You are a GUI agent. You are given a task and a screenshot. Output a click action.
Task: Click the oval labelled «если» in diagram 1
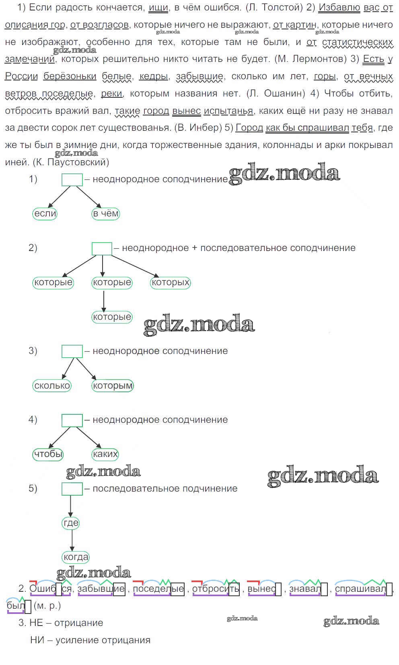point(45,214)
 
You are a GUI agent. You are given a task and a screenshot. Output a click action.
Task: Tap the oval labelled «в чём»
point(106,214)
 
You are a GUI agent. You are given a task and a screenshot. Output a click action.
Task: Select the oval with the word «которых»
point(171,282)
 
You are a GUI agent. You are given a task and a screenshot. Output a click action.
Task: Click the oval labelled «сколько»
point(52,386)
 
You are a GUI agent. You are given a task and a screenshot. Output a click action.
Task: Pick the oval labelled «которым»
point(112,386)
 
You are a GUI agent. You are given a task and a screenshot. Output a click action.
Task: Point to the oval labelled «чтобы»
point(48,454)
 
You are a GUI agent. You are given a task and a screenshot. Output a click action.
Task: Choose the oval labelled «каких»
point(105,454)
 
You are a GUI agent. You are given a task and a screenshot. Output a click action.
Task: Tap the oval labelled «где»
point(71,523)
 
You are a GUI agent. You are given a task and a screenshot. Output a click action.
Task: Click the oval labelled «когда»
point(76,557)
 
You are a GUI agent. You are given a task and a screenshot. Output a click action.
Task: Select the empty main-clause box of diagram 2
point(102,249)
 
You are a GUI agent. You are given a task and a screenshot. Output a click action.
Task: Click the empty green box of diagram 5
point(72,489)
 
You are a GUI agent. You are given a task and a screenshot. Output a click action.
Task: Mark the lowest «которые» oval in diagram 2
point(112,317)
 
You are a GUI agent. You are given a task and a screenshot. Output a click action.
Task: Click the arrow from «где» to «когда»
point(72,540)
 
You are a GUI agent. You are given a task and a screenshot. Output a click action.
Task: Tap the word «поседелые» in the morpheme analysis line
point(158,589)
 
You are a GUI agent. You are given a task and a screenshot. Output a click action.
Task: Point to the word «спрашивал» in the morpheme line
point(360,589)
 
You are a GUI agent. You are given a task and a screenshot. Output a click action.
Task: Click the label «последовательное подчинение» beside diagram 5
point(165,488)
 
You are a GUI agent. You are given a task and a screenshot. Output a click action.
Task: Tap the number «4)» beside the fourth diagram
point(33,420)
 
